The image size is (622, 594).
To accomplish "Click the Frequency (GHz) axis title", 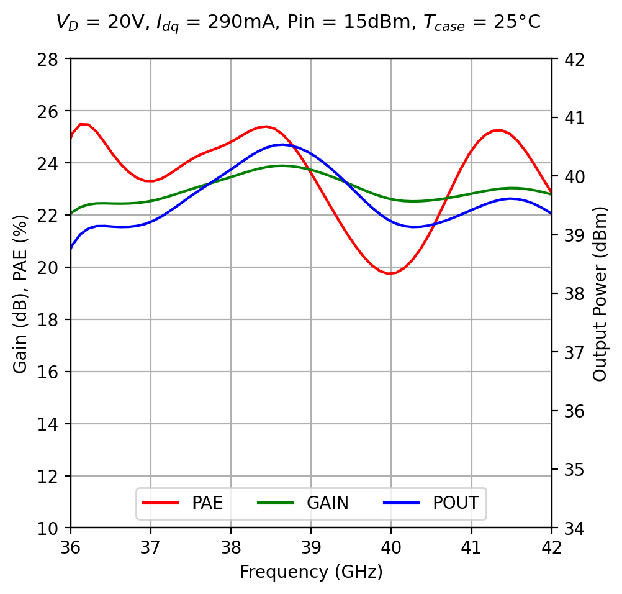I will pyautogui.click(x=311, y=572).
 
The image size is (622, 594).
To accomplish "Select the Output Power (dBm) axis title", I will pyautogui.click(x=600, y=293).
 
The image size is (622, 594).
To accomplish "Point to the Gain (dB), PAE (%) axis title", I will pyautogui.click(x=20, y=293).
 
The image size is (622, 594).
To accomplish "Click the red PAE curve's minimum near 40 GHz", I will pyautogui.click(x=389, y=273).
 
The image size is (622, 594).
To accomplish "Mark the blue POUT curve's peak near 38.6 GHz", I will pyautogui.click(x=283, y=144).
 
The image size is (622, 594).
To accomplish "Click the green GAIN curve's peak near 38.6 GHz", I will pyautogui.click(x=282, y=166).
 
